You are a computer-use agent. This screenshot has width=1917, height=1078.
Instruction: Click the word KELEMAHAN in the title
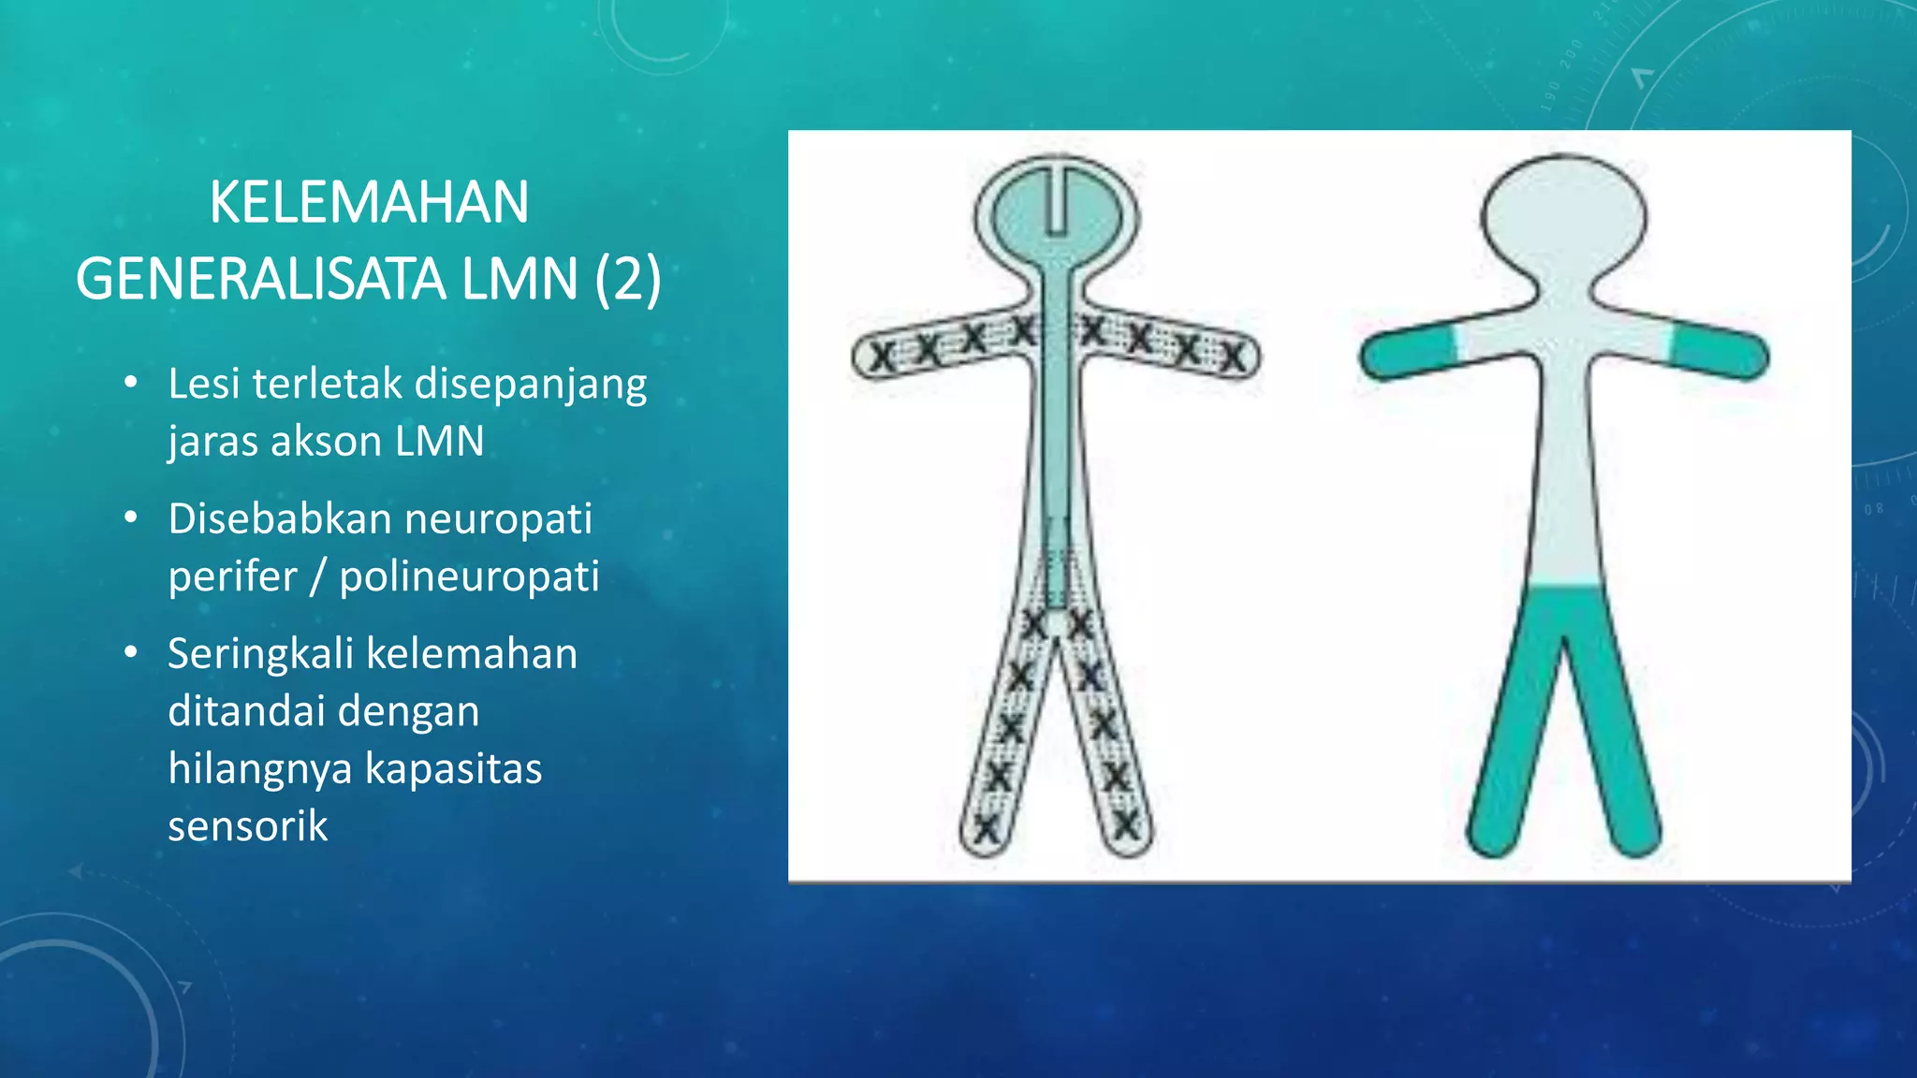[369, 202]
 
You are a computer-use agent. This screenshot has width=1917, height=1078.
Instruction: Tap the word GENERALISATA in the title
[261, 280]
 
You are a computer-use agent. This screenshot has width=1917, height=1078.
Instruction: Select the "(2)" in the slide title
[628, 280]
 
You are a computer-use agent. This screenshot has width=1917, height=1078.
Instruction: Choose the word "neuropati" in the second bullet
[498, 519]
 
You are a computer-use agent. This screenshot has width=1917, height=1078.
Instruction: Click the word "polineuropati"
[469, 576]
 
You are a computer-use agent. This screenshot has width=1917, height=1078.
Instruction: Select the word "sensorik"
[248, 826]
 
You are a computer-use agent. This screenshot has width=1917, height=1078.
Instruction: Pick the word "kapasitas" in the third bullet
[453, 769]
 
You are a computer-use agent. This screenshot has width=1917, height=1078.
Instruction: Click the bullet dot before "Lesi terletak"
[131, 383]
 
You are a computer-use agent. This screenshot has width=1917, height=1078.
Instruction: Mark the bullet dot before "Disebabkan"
[131, 517]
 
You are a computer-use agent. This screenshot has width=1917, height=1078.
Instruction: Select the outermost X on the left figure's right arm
[1234, 357]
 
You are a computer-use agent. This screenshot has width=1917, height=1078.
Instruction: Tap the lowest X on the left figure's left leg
[986, 828]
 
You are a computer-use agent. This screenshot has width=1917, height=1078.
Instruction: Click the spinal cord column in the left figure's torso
[1057, 421]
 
